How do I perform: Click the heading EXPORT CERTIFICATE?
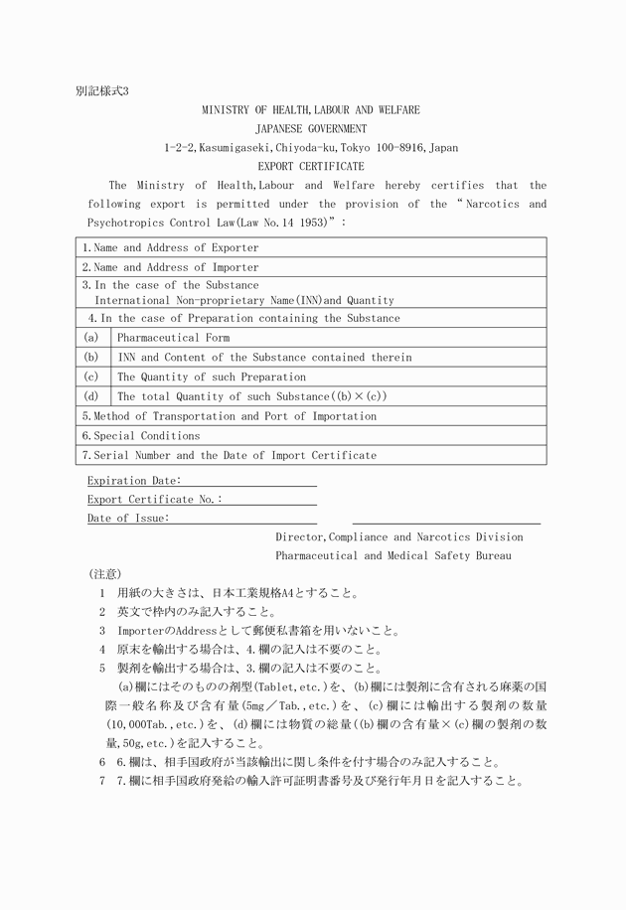pyautogui.click(x=311, y=166)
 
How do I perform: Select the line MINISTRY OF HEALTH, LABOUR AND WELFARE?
pyautogui.click(x=311, y=109)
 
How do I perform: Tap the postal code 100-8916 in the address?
pyautogui.click(x=390, y=147)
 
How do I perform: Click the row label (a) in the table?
pyautogui.click(x=90, y=337)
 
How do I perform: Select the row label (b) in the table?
pyautogui.click(x=90, y=357)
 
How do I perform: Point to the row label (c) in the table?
pyautogui.click(x=90, y=377)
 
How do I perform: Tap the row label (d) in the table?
pyautogui.click(x=90, y=396)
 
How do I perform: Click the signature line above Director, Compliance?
pyautogui.click(x=446, y=523)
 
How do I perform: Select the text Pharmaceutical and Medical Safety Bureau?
pyautogui.click(x=393, y=555)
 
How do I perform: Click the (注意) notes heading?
pyautogui.click(x=104, y=574)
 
